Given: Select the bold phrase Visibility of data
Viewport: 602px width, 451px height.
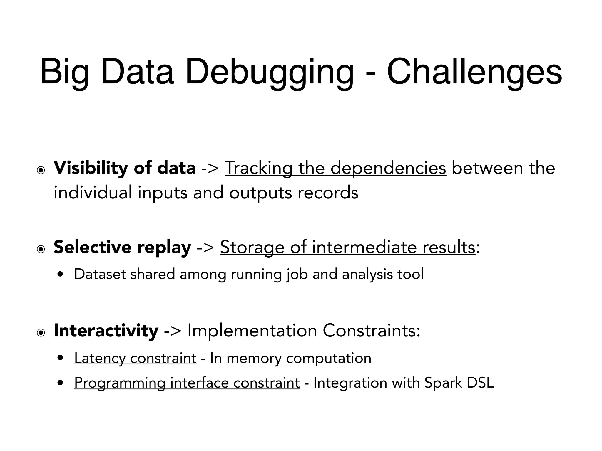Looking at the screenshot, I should pos(125,168).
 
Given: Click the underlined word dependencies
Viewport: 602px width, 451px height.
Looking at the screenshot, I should pos(388,168).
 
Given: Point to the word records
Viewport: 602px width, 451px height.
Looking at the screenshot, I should pos(328,193).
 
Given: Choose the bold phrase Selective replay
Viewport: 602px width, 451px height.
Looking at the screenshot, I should pos(122,247).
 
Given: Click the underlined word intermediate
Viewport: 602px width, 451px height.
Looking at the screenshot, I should pos(364,247).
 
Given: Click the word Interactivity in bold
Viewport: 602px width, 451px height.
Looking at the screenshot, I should pos(106,330).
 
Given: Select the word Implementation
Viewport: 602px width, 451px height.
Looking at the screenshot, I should pos(252,330).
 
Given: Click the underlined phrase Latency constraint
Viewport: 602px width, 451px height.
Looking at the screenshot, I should pos(135,358).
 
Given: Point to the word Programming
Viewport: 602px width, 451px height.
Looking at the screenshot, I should pos(120,383).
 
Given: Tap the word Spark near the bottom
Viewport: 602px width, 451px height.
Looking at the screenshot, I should pos(443,383).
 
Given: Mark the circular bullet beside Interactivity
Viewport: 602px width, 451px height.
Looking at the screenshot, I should pos(41,333).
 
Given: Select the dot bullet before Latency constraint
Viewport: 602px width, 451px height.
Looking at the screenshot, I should pos(61,358).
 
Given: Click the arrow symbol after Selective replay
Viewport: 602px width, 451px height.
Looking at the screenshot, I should pos(205,247).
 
